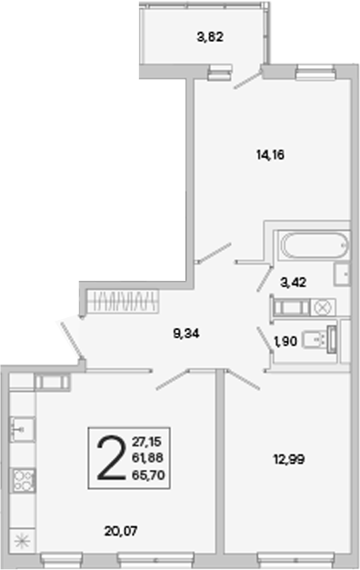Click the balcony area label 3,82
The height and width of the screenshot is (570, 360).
tap(210, 37)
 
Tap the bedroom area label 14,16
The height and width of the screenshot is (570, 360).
tap(270, 155)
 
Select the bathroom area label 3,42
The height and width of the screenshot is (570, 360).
tap(293, 282)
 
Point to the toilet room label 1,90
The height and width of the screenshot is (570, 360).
tap(285, 341)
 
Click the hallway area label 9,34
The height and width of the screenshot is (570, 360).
tap(186, 334)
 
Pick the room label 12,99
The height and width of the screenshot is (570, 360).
tap(289, 459)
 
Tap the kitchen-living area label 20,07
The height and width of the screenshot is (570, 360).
tap(121, 531)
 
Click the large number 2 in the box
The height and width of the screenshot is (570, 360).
tap(111, 457)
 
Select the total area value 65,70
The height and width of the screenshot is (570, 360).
tap(148, 475)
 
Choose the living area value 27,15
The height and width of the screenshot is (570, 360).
tap(146, 442)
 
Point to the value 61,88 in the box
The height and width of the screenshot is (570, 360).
tap(147, 458)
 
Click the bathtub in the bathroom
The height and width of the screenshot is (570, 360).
tap(315, 245)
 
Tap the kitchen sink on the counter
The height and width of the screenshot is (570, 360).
tap(22, 430)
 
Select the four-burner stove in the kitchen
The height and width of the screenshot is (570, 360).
tap(24, 481)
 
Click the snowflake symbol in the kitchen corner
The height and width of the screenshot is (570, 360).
tap(22, 542)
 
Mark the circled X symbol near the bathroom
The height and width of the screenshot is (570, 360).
tap(323, 307)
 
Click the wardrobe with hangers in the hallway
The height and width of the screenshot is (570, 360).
tap(124, 301)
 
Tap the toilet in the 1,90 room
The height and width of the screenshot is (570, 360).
tap(317, 339)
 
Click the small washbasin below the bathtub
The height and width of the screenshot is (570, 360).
tap(342, 274)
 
